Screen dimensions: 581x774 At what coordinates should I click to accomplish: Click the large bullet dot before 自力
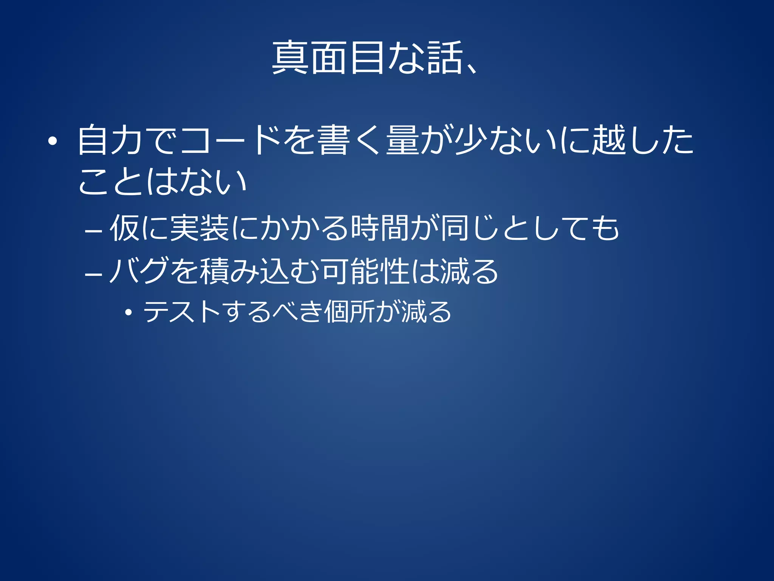pos(53,141)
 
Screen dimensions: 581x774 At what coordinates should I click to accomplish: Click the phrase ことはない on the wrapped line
pos(163,182)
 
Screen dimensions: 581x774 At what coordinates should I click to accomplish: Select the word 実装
pos(199,228)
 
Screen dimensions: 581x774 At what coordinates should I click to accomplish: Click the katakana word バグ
pos(139,271)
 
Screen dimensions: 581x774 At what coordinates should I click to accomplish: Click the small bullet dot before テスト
pos(129,313)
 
